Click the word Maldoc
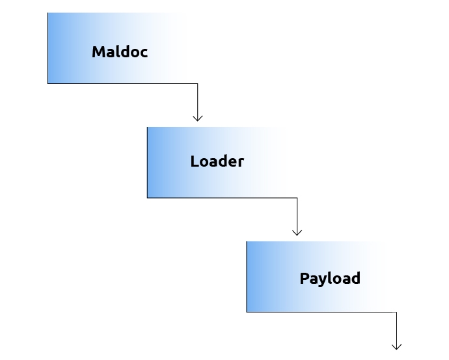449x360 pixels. click(120, 52)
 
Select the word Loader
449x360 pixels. click(217, 161)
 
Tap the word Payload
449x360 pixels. click(330, 279)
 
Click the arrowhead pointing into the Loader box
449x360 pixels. click(198, 118)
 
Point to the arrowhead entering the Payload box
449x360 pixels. click(297, 232)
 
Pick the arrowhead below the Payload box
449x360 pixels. click(396, 347)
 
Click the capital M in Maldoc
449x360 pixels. click(98, 52)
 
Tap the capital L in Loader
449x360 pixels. click(195, 161)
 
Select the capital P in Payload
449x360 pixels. click(305, 278)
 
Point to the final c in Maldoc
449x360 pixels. click(143, 53)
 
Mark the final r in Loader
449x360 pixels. click(241, 162)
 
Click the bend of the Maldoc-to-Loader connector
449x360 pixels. click(198, 83)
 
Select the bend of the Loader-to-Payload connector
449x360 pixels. click(297, 198)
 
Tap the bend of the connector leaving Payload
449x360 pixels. click(396, 312)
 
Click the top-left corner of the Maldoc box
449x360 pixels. click(48, 13)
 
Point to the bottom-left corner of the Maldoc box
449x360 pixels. click(48, 83)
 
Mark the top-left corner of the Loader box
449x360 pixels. click(148, 127)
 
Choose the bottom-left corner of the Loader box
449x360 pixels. click(148, 198)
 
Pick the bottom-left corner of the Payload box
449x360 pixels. click(247, 312)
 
